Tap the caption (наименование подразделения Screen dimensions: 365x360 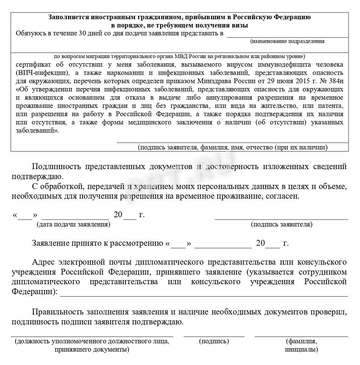click(287, 41)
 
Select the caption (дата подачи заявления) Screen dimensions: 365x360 click(73, 224)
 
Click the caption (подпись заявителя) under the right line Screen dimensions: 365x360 click(282, 224)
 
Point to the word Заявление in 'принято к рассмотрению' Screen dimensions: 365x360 click(50, 243)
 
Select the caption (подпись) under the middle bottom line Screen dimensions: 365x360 click(214, 341)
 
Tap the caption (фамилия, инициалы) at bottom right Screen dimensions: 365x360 click(301, 345)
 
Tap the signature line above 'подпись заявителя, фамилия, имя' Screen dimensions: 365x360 click(232, 142)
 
